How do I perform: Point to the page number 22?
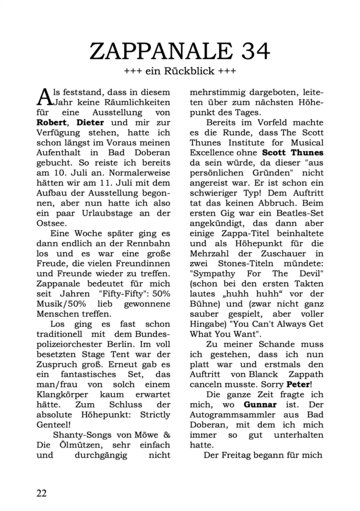pyautogui.click(x=41, y=493)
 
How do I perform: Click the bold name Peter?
pyautogui.click(x=298, y=385)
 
